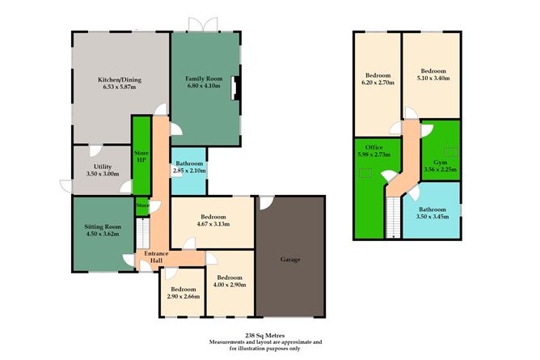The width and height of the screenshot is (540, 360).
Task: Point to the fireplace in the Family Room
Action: coord(234,88)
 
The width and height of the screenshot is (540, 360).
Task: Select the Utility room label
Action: coord(102,169)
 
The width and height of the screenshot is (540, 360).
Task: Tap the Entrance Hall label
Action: coord(156,257)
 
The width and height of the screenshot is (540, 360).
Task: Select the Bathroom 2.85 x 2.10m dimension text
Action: coord(190,171)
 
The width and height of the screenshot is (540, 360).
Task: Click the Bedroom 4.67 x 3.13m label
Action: coord(212,221)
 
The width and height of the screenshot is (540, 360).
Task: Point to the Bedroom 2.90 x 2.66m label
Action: coord(183,293)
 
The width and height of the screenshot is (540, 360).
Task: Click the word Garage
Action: coord(290,260)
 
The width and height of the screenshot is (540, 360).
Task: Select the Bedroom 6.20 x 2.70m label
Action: coord(376,78)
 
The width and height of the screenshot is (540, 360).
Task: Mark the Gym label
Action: coord(439,166)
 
